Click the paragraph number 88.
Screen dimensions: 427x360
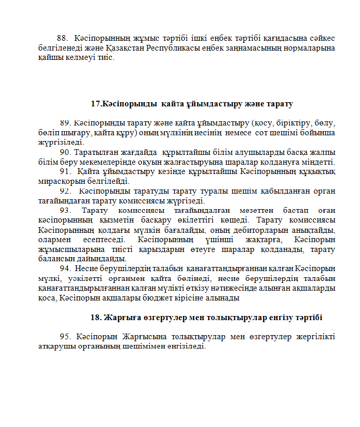62,38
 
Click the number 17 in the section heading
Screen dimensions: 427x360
95,104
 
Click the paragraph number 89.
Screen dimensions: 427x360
66,123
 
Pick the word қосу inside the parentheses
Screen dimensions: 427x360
262,123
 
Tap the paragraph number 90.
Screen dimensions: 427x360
66,152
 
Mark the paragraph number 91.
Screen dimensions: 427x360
65,171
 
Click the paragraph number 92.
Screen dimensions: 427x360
66,191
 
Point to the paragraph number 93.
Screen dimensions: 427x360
66,210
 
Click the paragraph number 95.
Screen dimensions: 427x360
66,337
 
